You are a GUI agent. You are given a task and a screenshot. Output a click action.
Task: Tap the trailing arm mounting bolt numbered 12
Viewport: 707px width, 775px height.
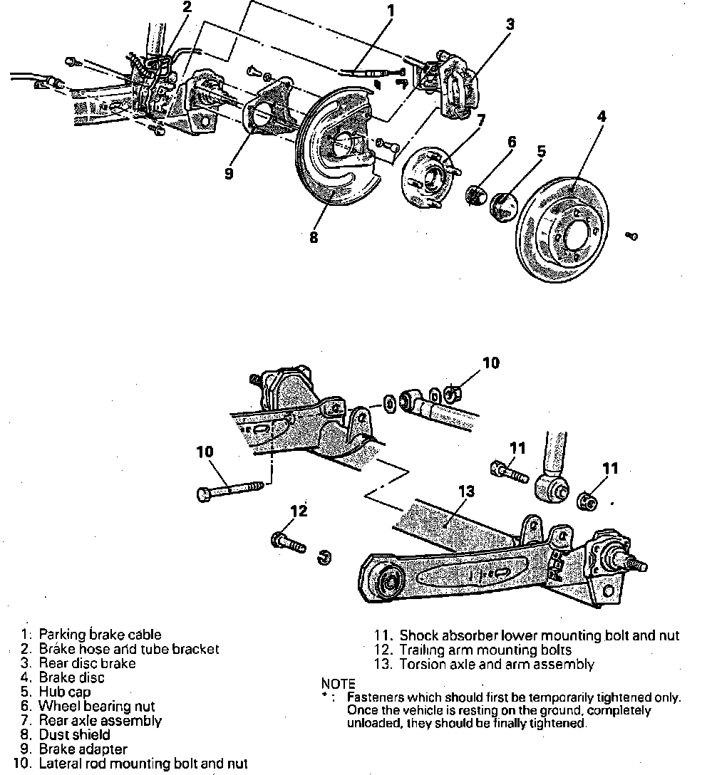click(x=288, y=542)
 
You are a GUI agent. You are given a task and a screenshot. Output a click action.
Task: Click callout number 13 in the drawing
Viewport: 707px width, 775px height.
click(x=466, y=491)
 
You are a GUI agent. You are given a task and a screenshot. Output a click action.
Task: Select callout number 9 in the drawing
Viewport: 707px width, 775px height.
click(x=229, y=174)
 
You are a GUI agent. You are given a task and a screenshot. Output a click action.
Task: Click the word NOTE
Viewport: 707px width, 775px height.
click(x=338, y=684)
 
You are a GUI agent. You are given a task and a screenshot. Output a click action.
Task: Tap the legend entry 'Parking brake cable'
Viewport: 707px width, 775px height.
click(x=100, y=634)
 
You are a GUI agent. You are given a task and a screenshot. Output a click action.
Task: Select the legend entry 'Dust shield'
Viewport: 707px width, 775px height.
click(x=74, y=734)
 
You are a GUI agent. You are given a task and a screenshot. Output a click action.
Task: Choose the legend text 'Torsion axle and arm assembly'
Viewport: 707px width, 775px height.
click(x=496, y=665)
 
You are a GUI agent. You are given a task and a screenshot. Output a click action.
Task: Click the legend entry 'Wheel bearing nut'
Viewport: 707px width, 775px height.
click(x=96, y=706)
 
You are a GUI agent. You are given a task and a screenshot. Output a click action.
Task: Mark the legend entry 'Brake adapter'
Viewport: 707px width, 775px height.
click(x=83, y=749)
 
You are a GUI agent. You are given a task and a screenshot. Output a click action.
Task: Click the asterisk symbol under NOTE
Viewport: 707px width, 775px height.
click(x=324, y=695)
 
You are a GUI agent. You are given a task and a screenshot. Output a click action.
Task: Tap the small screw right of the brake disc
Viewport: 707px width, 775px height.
click(x=631, y=236)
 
